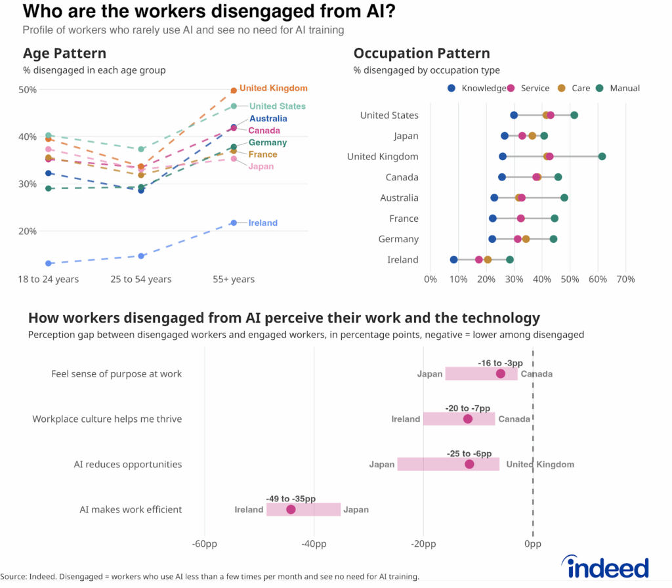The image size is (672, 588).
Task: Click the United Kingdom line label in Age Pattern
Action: (273, 88)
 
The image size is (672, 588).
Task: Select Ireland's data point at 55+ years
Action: (234, 222)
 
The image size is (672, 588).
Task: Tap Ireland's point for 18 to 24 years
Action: (49, 263)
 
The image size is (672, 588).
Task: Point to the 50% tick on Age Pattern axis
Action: (27, 90)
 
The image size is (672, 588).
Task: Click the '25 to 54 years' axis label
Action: (140, 280)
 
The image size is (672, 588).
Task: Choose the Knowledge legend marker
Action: (451, 88)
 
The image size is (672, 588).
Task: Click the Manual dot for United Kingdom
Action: (602, 156)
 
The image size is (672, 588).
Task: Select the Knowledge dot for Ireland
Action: (453, 260)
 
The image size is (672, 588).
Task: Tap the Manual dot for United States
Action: (574, 115)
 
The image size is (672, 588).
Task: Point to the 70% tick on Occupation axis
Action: (625, 280)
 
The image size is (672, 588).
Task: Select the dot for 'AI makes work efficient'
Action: (291, 509)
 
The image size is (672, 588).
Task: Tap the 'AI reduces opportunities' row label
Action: (127, 464)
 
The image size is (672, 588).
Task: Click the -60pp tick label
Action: (205, 544)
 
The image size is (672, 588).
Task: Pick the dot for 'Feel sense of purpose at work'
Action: (501, 374)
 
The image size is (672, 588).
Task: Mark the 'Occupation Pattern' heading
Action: (421, 53)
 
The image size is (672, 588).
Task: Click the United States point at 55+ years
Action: (234, 106)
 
